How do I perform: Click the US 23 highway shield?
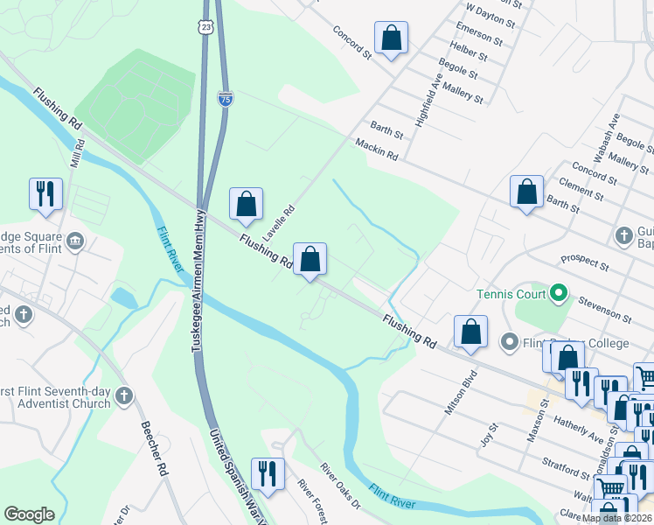tap(205, 28)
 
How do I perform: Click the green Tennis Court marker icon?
tap(558, 293)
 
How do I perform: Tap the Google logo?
tap(29, 514)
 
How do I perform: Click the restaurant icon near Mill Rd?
tap(45, 193)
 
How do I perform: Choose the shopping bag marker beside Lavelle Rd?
tap(247, 204)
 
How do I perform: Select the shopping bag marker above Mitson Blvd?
tap(470, 332)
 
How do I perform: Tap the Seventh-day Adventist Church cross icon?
tap(123, 396)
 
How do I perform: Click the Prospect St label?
tap(585, 262)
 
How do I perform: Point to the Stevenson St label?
tap(607, 309)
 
